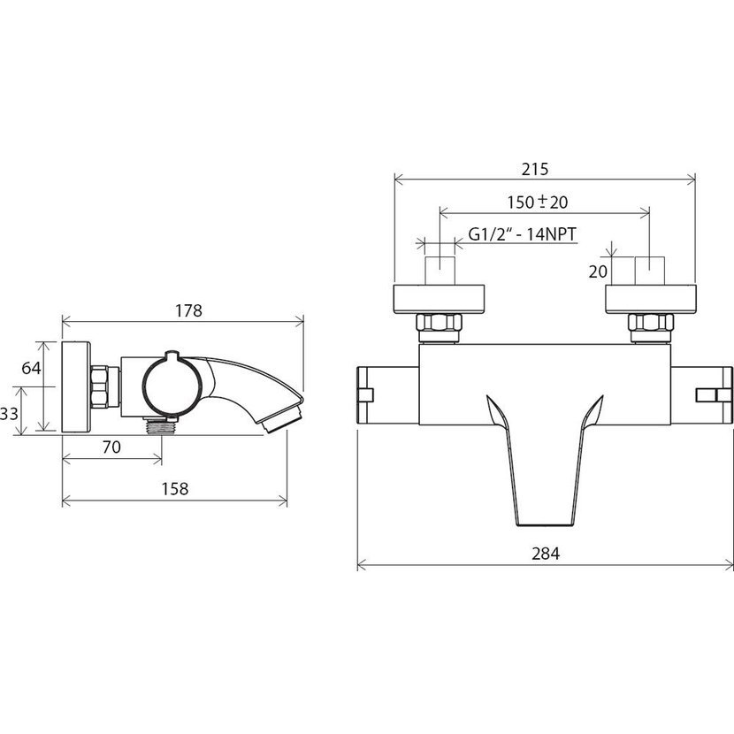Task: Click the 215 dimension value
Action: pyautogui.click(x=535, y=169)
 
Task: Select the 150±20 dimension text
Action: pyautogui.click(x=538, y=203)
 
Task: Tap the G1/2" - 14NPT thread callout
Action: pyautogui.click(x=523, y=233)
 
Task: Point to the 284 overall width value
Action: pyautogui.click(x=546, y=554)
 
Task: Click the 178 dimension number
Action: pyautogui.click(x=188, y=310)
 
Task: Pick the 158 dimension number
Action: pyautogui.click(x=174, y=489)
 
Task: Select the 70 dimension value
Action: pyautogui.click(x=111, y=447)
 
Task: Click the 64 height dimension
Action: pyautogui.click(x=31, y=369)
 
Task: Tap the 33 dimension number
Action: pyautogui.click(x=9, y=413)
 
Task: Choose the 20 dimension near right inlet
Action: pyautogui.click(x=598, y=271)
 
